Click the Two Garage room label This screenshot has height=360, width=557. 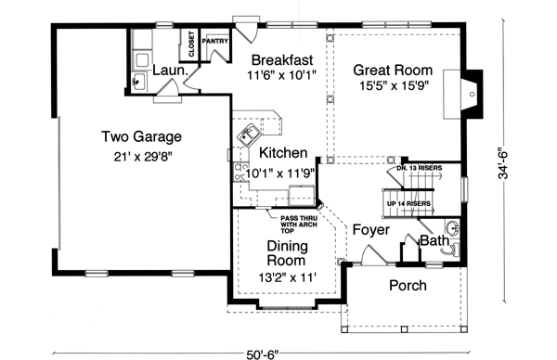[141, 137]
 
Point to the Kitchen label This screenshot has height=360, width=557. [283, 152]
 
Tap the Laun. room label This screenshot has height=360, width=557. [168, 71]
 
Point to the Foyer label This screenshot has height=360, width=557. [369, 229]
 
